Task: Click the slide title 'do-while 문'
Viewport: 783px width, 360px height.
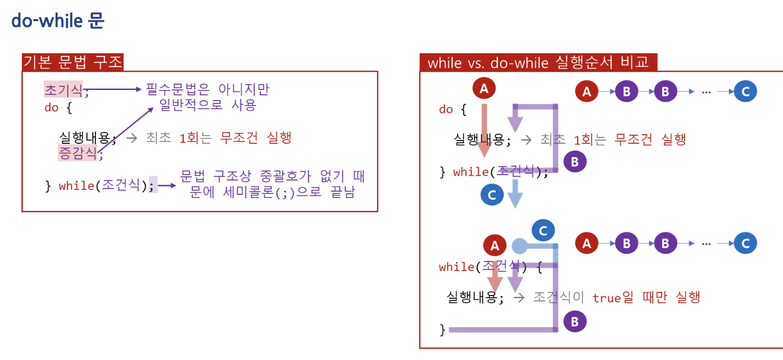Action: [x=58, y=21]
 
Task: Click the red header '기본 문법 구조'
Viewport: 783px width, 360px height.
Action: [x=73, y=62]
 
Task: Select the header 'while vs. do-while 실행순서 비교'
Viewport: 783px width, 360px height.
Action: [x=538, y=62]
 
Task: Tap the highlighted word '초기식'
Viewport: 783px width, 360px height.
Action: [x=63, y=90]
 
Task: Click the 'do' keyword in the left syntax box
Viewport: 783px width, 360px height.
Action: [x=51, y=108]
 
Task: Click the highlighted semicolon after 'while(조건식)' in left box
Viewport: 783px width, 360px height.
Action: [x=153, y=185]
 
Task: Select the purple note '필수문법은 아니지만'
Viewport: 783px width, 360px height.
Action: [x=208, y=89]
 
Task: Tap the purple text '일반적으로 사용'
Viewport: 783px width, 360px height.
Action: [x=208, y=105]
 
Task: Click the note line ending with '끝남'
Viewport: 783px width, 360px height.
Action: [x=272, y=192]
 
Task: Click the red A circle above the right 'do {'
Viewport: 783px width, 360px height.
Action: [x=484, y=88]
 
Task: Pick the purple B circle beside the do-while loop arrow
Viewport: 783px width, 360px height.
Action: [x=574, y=161]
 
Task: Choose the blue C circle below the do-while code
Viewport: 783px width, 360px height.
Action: [x=492, y=194]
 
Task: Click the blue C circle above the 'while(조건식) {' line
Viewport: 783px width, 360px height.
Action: [x=543, y=231]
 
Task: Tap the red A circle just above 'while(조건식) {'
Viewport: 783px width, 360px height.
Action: [x=494, y=246]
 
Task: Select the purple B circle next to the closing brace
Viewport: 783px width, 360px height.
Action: [x=574, y=321]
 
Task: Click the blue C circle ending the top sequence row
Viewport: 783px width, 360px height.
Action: [x=745, y=92]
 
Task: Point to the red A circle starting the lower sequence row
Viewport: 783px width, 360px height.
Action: [x=586, y=243]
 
